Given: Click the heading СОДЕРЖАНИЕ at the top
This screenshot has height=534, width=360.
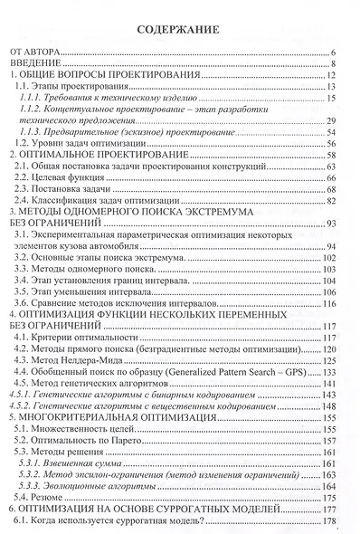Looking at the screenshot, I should (179, 30).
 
